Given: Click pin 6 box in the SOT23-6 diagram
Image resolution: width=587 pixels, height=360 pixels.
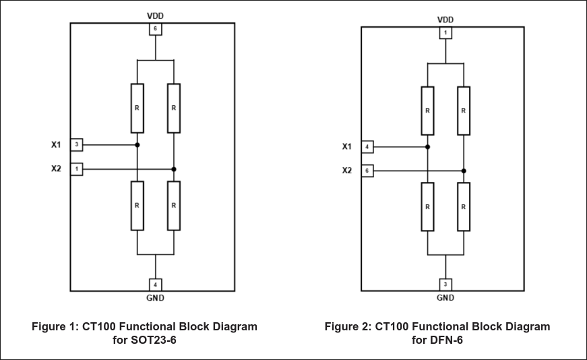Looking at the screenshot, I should click(x=156, y=29).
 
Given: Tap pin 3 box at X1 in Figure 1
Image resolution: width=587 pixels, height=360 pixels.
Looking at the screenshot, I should click(x=77, y=144).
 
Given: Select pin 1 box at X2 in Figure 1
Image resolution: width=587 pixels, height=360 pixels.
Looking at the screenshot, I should click(x=77, y=169).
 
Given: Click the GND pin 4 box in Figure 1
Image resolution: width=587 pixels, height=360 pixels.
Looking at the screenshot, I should click(x=156, y=284).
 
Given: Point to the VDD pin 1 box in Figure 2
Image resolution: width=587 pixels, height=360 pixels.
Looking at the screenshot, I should click(x=445, y=32).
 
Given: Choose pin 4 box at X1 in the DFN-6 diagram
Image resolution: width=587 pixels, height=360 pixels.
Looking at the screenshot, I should click(x=367, y=146).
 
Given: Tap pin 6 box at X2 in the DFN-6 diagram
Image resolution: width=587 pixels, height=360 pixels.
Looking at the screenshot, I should click(x=367, y=171).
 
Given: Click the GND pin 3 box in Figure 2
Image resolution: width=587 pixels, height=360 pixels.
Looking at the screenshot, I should click(x=445, y=284).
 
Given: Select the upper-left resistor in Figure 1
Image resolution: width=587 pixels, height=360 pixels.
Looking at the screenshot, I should click(x=137, y=108).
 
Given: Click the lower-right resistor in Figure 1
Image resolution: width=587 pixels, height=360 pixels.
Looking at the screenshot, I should click(x=174, y=206).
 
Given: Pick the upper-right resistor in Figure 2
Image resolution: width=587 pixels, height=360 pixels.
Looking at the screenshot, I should click(x=464, y=111).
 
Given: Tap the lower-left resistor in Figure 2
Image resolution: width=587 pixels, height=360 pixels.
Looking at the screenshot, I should click(x=427, y=206).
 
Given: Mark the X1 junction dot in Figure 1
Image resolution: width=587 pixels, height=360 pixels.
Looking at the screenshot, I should click(x=137, y=144).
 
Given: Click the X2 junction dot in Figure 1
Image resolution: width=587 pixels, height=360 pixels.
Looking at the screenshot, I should click(x=174, y=169).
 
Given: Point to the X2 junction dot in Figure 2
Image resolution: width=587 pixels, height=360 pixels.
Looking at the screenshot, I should click(x=464, y=171).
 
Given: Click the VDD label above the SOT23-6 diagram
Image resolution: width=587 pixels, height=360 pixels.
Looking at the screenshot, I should click(x=156, y=15).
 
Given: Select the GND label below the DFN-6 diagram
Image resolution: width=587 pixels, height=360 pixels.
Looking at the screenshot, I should click(x=445, y=297).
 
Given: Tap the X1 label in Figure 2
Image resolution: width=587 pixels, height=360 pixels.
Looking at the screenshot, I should click(x=347, y=146).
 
